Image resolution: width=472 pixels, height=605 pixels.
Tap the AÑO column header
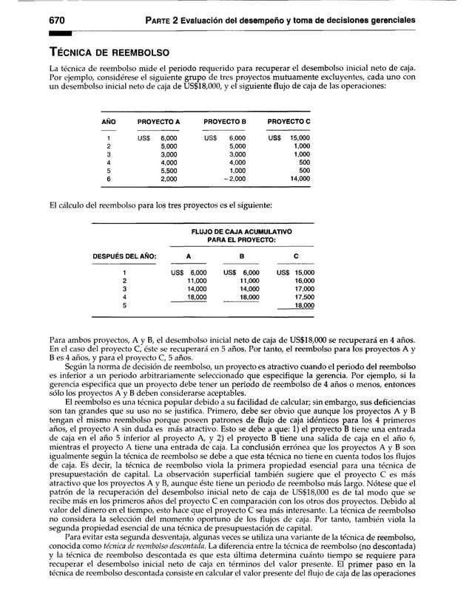[x=108, y=120]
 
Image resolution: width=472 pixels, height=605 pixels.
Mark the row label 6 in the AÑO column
[x=109, y=179]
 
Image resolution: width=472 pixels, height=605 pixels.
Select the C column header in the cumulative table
[x=296, y=256]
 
